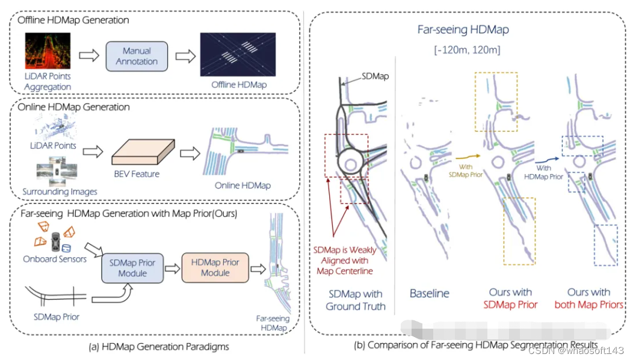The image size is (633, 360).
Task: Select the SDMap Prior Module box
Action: click(132, 268)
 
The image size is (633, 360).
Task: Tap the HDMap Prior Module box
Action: click(215, 268)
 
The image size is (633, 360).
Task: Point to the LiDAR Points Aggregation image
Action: click(48, 52)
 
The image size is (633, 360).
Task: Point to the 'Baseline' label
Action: click(430, 293)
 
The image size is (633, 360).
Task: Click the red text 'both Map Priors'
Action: click(588, 305)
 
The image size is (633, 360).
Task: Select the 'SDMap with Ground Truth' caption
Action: click(355, 300)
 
